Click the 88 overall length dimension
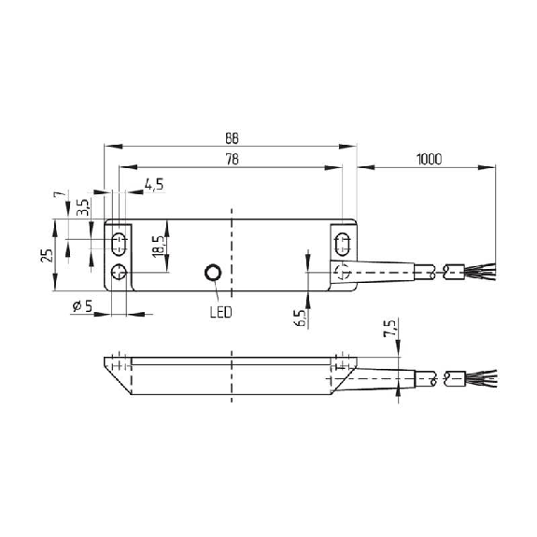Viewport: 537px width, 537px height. pos(232,138)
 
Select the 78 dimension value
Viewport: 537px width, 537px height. pos(232,160)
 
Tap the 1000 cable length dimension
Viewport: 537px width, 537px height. pos(429,160)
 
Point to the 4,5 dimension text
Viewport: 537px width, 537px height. pos(154,185)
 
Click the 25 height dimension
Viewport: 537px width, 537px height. pos(47,256)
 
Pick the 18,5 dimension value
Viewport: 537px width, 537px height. pos(159,246)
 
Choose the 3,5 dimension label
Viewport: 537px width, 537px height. pos(83,207)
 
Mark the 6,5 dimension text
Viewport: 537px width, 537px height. pos(300,318)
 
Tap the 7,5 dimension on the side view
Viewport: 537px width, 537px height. pos(389,329)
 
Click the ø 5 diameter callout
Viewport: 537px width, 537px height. pos(82,306)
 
